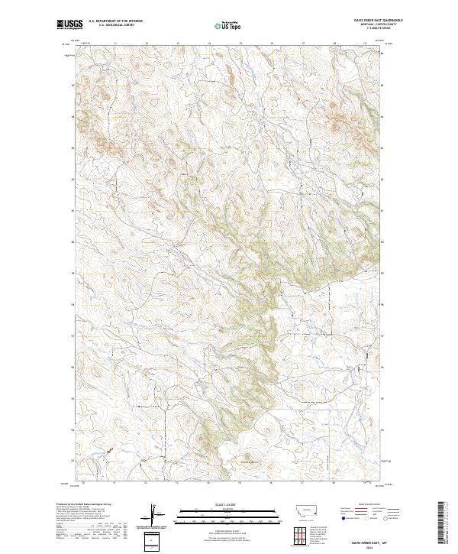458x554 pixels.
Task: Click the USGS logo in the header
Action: click(69, 24)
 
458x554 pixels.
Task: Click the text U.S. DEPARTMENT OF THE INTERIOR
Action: click(115, 21)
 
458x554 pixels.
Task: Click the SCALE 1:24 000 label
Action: click(221, 504)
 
